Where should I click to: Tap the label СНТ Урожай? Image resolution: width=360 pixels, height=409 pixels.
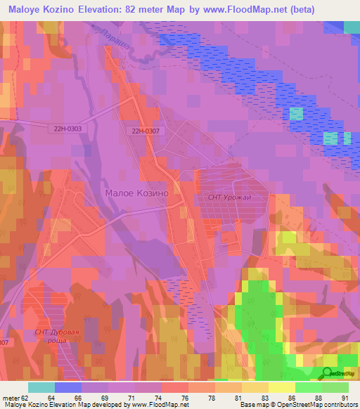point(229,198)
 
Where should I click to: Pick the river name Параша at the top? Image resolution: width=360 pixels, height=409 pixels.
point(112,39)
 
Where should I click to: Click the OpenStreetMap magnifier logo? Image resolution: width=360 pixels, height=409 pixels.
point(328,372)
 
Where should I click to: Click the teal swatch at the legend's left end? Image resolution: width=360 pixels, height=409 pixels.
point(41,387)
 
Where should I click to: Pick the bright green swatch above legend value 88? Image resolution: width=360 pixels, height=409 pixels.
point(309,387)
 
